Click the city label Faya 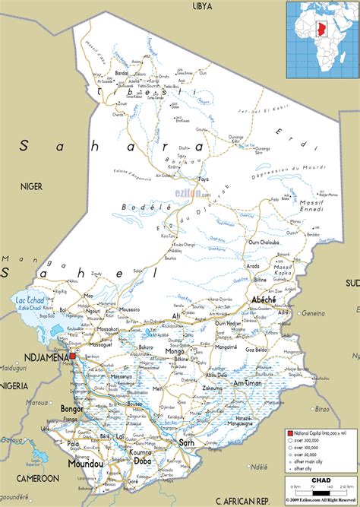tap(203, 179)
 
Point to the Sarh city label tap(186, 442)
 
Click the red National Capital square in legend tap(289, 433)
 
